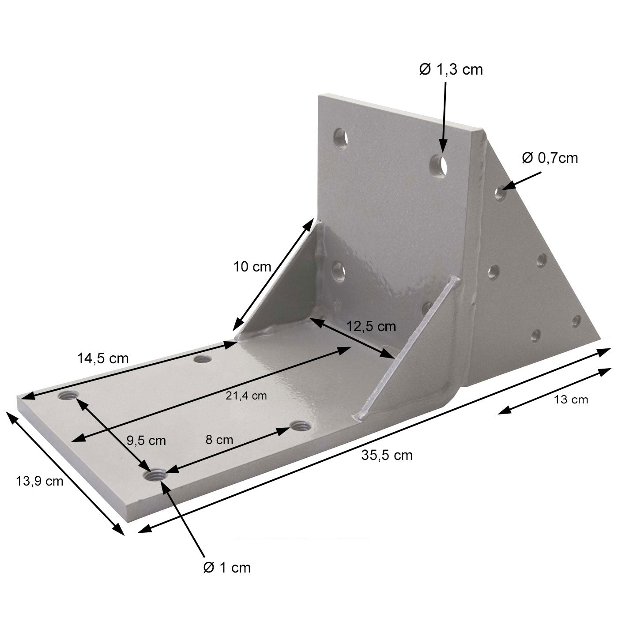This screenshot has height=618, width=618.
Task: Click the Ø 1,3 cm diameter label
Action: point(451,70)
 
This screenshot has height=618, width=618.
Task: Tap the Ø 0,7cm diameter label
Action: point(550,158)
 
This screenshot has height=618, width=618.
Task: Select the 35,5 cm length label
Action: point(387,455)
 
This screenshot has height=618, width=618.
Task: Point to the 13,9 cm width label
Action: point(40,481)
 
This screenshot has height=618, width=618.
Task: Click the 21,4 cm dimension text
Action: point(246,396)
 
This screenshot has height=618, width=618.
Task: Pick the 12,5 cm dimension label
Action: point(371,327)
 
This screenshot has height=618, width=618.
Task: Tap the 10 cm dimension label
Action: point(252,267)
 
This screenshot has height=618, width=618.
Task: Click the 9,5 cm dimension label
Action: point(146,440)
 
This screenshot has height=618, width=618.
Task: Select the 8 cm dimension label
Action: point(219,440)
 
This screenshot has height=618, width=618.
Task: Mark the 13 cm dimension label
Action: point(571,400)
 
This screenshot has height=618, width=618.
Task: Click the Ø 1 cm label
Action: point(227,568)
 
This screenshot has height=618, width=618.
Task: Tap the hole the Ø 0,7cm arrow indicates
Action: point(500,193)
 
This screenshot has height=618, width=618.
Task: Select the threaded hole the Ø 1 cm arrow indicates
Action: point(155,476)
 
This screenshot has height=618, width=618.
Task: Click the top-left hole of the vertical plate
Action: point(340,138)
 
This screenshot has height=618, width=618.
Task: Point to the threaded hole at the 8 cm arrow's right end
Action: point(301,426)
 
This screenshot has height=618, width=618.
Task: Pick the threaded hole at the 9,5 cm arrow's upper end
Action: point(68,396)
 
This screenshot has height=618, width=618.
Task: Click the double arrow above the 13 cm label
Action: point(554,391)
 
